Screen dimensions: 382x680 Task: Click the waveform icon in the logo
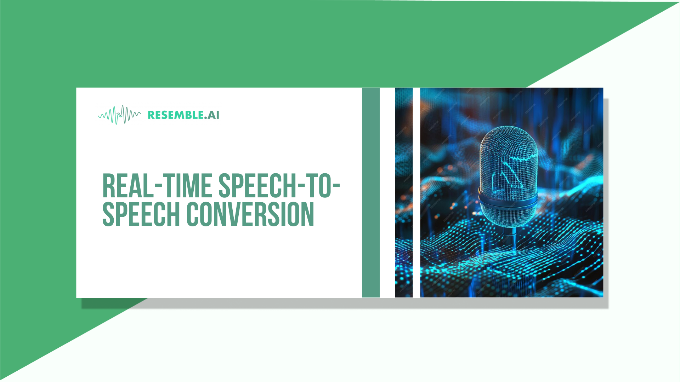point(119,115)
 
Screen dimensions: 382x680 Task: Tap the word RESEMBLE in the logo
point(175,115)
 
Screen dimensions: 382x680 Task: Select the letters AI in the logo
point(213,115)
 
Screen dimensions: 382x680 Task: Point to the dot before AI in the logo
point(205,118)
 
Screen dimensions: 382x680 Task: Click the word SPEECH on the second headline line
point(141,214)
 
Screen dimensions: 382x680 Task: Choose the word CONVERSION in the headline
point(250,214)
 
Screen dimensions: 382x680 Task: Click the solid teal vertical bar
point(370,192)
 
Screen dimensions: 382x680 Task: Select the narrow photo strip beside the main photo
point(404,192)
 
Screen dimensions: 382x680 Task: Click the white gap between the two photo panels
point(416,192)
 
